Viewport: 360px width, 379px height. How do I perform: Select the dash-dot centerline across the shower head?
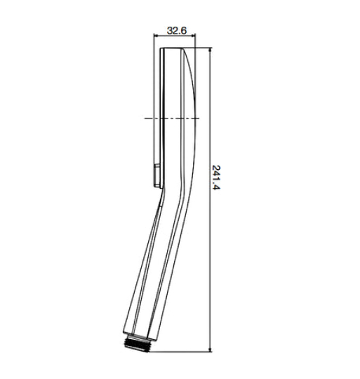click(x=168, y=118)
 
